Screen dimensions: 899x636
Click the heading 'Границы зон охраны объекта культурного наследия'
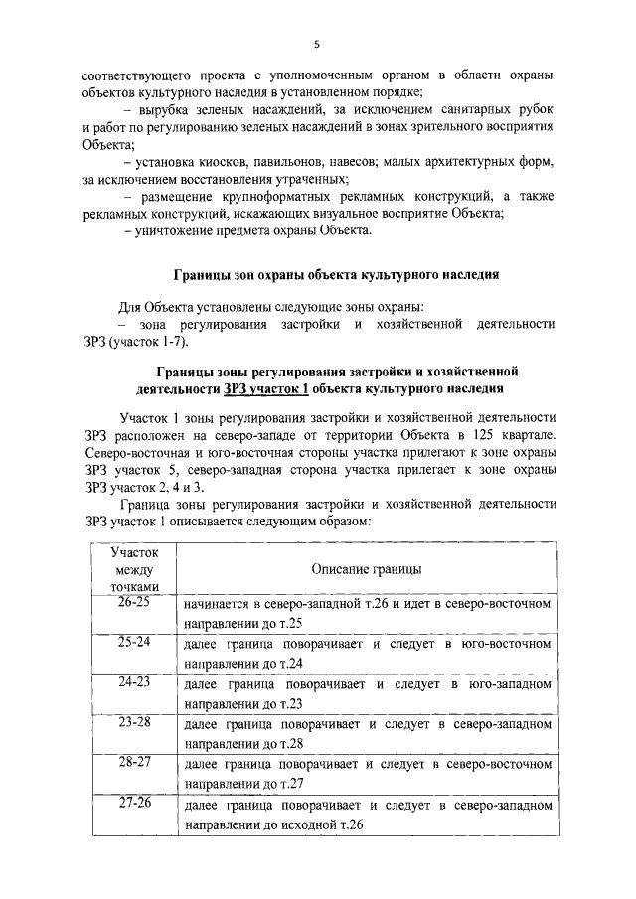click(x=329, y=275)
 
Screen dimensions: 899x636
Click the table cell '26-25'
click(x=130, y=603)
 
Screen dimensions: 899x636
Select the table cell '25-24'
click(x=130, y=643)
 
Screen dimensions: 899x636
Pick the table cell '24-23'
click(x=130, y=682)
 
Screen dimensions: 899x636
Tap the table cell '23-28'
click(x=130, y=722)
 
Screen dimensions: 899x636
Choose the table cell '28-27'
click(x=130, y=762)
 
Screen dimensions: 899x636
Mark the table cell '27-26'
click(x=130, y=802)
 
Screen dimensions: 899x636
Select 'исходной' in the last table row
click(x=305, y=824)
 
